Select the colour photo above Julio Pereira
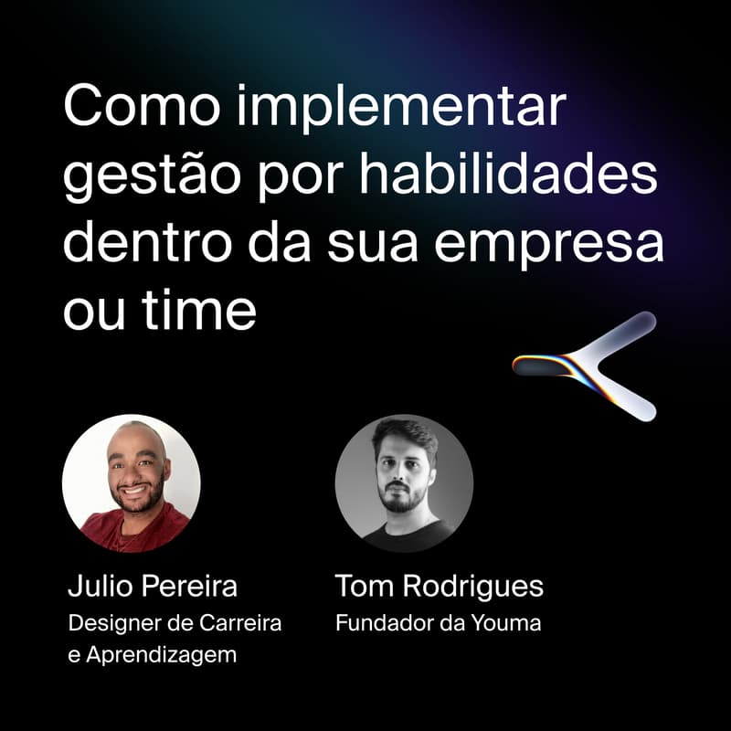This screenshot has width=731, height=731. [x=131, y=483]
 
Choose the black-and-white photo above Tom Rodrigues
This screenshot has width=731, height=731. [x=404, y=483]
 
